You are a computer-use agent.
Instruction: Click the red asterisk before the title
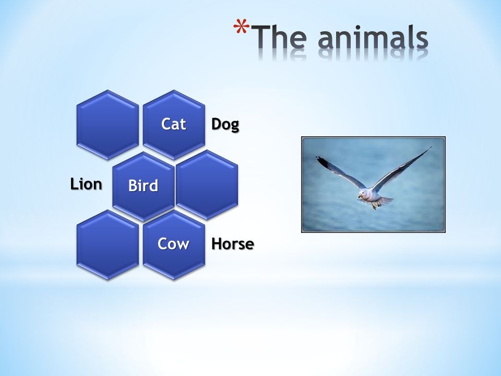tap(241, 26)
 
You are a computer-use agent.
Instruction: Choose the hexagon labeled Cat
tap(174, 124)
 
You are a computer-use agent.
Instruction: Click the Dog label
tap(225, 124)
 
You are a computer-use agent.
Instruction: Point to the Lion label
tap(86, 184)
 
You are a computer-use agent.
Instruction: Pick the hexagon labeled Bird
tap(144, 186)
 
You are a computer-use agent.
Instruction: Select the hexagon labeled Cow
tap(174, 244)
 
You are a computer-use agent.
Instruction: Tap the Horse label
tap(233, 244)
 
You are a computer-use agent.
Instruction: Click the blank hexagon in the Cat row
tap(108, 124)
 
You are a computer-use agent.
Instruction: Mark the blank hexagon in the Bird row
tap(207, 184)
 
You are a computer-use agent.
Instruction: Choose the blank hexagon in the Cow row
tap(108, 244)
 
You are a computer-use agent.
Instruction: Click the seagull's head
tap(363, 194)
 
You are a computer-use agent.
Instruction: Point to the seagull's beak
tap(360, 197)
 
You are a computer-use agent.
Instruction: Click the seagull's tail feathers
tap(385, 201)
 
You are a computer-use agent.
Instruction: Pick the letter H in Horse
tap(216, 244)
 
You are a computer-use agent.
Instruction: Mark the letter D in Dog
tap(216, 124)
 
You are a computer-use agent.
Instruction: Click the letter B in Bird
tap(132, 185)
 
